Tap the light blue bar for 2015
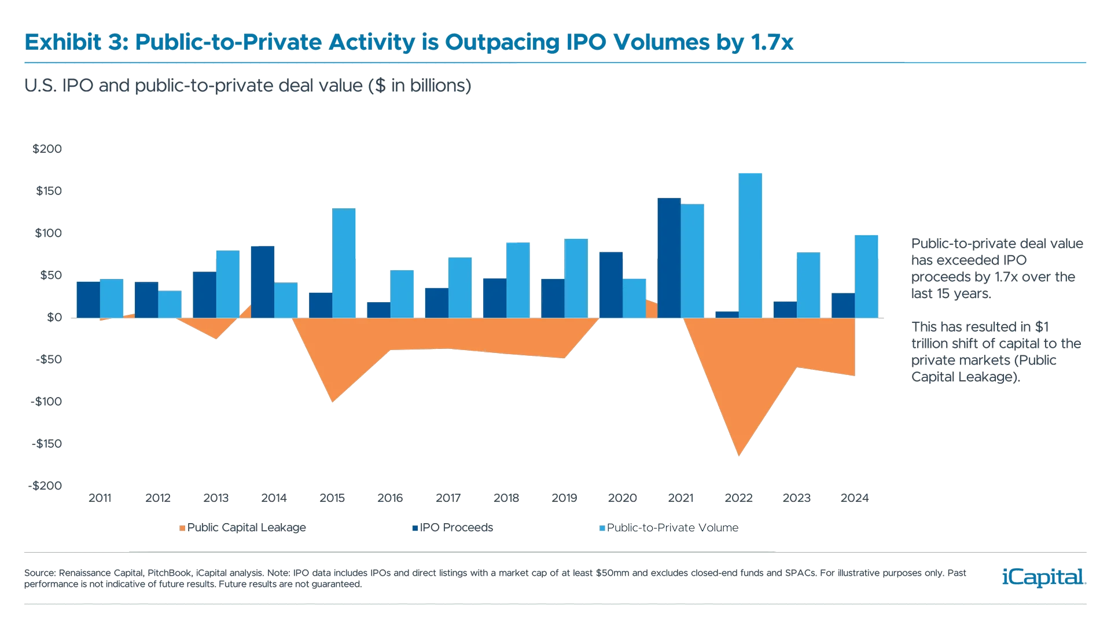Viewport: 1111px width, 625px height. [x=343, y=263]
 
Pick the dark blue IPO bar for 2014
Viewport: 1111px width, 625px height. [x=263, y=281]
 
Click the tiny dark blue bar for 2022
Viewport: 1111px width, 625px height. [x=727, y=314]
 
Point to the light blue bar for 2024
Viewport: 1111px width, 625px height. [x=866, y=275]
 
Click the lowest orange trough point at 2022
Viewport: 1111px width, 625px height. [x=739, y=454]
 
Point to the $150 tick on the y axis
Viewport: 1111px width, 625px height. [x=49, y=191]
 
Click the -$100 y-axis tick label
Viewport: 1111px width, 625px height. [x=47, y=402]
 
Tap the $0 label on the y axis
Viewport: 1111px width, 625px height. [x=54, y=317]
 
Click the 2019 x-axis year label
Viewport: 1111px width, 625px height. [x=564, y=498]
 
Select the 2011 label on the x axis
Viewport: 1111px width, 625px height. [x=100, y=498]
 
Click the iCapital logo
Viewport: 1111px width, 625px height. [x=1042, y=577]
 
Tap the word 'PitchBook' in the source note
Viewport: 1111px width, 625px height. [x=169, y=573]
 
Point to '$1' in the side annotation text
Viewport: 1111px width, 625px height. [x=1042, y=327]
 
